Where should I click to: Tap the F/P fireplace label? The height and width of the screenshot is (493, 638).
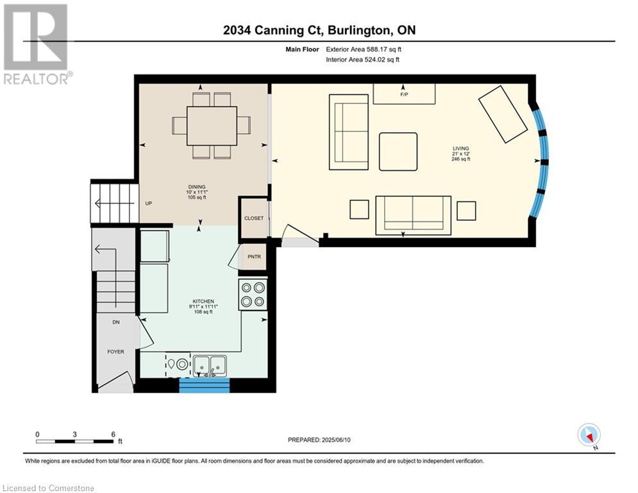(404, 94)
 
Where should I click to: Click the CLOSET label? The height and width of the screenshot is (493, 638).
(254, 218)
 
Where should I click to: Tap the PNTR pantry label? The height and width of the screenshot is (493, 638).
(255, 257)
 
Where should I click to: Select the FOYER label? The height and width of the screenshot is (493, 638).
(115, 352)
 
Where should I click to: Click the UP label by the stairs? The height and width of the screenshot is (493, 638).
(149, 203)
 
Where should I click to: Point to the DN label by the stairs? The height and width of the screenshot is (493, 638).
(116, 322)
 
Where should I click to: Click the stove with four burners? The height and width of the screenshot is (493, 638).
(253, 295)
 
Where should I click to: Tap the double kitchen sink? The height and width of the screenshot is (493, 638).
(210, 365)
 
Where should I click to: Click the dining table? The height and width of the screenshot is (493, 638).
(212, 126)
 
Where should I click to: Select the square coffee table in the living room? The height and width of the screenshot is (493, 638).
(398, 151)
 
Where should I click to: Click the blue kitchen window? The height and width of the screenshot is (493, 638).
(205, 385)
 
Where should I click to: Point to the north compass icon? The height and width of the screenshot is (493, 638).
(589, 435)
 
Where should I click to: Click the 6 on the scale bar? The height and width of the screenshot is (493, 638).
(113, 435)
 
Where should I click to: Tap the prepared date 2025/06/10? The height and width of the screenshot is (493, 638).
(336, 440)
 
